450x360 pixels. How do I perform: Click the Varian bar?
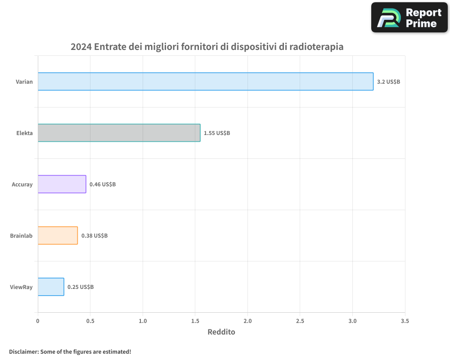tap(205, 81)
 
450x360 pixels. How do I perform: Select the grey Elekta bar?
tap(119, 133)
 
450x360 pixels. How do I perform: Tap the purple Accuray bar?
tap(62, 184)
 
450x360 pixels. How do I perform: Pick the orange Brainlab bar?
tap(58, 235)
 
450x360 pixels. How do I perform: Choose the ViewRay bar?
tap(51, 287)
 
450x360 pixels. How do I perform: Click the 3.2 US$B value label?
tap(388, 82)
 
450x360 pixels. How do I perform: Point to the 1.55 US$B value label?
tap(217, 133)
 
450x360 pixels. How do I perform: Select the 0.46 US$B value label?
tap(103, 184)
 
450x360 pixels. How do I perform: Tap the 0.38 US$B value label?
tap(94, 236)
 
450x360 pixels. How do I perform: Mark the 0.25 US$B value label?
tap(81, 287)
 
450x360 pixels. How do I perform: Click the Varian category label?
tap(24, 82)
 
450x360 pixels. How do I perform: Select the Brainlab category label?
tap(21, 236)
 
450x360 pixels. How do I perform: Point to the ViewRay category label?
tap(21, 287)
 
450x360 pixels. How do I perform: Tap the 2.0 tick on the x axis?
tap(247, 321)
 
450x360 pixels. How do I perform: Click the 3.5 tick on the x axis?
tap(405, 321)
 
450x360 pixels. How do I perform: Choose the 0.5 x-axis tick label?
tap(90, 321)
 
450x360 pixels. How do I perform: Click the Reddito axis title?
tap(221, 332)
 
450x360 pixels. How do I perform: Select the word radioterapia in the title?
tap(316, 47)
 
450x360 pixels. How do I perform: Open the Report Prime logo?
tap(409, 18)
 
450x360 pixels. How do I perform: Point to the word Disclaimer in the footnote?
tap(23, 351)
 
